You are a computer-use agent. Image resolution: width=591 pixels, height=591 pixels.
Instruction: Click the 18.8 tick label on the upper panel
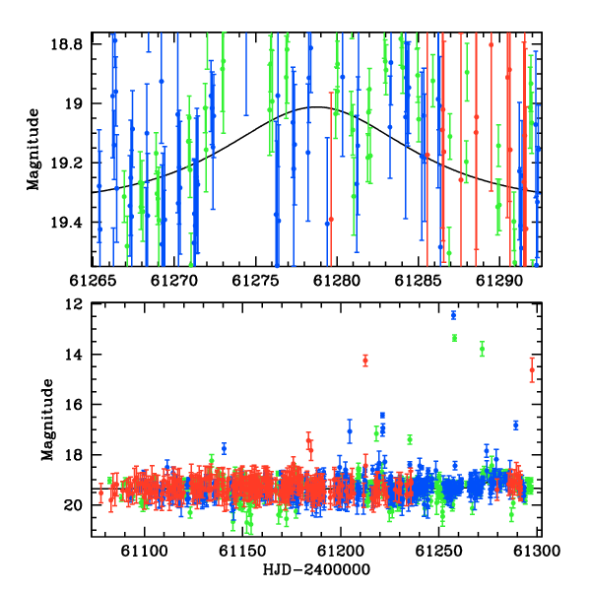point(66,44)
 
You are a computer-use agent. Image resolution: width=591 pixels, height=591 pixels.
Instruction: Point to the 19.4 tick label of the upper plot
point(66,223)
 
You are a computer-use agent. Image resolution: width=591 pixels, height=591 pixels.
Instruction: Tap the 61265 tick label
point(92,281)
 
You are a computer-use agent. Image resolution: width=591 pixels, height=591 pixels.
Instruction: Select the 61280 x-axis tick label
point(337,281)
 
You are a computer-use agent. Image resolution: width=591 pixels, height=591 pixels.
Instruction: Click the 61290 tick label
point(499,281)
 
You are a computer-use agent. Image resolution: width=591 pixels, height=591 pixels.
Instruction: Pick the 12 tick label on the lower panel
point(74,303)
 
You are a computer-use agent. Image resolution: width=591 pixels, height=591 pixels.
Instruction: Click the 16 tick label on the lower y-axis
point(74,405)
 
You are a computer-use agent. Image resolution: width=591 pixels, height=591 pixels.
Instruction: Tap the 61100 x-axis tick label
point(144,551)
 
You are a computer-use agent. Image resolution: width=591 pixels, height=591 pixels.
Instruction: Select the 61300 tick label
point(537,551)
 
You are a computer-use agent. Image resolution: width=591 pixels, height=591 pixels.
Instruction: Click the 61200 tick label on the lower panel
point(341,551)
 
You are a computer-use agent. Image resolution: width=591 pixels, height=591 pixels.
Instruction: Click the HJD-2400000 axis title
point(316,569)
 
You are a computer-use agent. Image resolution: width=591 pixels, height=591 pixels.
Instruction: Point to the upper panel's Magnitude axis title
point(33,150)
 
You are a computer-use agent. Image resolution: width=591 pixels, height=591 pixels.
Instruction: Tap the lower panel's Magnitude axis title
point(47,420)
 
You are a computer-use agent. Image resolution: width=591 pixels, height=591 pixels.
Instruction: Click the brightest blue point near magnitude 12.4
point(453,315)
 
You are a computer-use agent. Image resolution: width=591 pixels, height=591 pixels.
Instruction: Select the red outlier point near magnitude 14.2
point(365,361)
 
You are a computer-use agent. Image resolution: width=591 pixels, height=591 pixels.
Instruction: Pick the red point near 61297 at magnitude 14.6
point(532,370)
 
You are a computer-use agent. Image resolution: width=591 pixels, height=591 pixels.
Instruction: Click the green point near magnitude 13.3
point(454,338)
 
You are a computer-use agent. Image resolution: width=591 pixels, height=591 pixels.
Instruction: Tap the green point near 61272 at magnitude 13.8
point(482,349)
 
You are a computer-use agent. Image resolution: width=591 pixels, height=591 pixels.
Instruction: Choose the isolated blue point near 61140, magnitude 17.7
point(225,448)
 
